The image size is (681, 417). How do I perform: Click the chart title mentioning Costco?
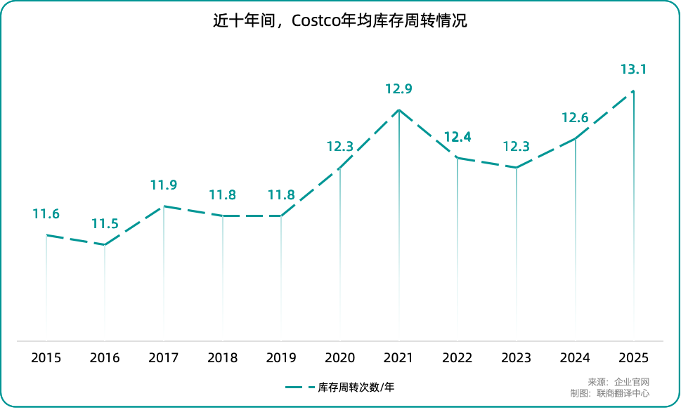pyautogui.click(x=340, y=21)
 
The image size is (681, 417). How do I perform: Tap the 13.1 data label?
pyautogui.click(x=633, y=69)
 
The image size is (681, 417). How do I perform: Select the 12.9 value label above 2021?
pyautogui.click(x=398, y=89)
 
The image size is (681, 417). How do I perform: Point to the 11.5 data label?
pyautogui.click(x=105, y=224)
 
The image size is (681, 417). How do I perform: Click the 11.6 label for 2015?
pyautogui.click(x=46, y=214)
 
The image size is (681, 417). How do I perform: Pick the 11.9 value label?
pyautogui.click(x=163, y=185)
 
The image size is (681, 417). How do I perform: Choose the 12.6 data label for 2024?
pyautogui.click(x=575, y=117)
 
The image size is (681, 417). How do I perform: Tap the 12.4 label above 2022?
pyautogui.click(x=458, y=137)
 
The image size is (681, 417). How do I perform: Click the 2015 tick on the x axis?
pyautogui.click(x=46, y=358)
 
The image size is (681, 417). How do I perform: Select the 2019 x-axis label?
pyautogui.click(x=281, y=358)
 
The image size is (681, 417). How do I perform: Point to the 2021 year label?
pyautogui.click(x=398, y=358)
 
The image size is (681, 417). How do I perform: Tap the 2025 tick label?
pyautogui.click(x=633, y=358)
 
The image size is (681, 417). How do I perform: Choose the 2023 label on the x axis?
pyautogui.click(x=516, y=358)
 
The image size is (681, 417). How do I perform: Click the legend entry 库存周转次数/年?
pyautogui.click(x=344, y=387)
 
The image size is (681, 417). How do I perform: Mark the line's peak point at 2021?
pyautogui.click(x=399, y=110)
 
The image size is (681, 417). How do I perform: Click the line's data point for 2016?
pyautogui.click(x=105, y=244)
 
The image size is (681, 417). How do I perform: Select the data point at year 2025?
pyautogui.click(x=634, y=91)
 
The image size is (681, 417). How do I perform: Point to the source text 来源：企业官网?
pyautogui.click(x=618, y=382)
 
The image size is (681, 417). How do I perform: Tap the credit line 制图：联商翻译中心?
pyautogui.click(x=609, y=393)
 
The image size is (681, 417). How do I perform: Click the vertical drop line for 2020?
pyautogui.click(x=340, y=253)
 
